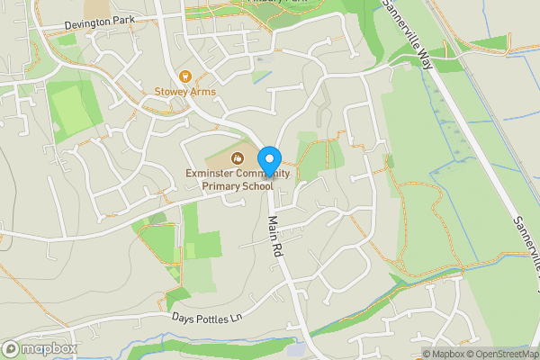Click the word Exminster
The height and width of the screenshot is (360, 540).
point(212,173)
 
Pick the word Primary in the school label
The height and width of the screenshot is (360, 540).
point(223,186)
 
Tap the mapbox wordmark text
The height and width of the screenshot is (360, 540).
point(49,348)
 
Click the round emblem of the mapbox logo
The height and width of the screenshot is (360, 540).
point(11,348)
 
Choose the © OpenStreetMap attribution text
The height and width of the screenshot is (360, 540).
point(504,354)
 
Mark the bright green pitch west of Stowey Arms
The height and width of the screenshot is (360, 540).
point(71,110)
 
